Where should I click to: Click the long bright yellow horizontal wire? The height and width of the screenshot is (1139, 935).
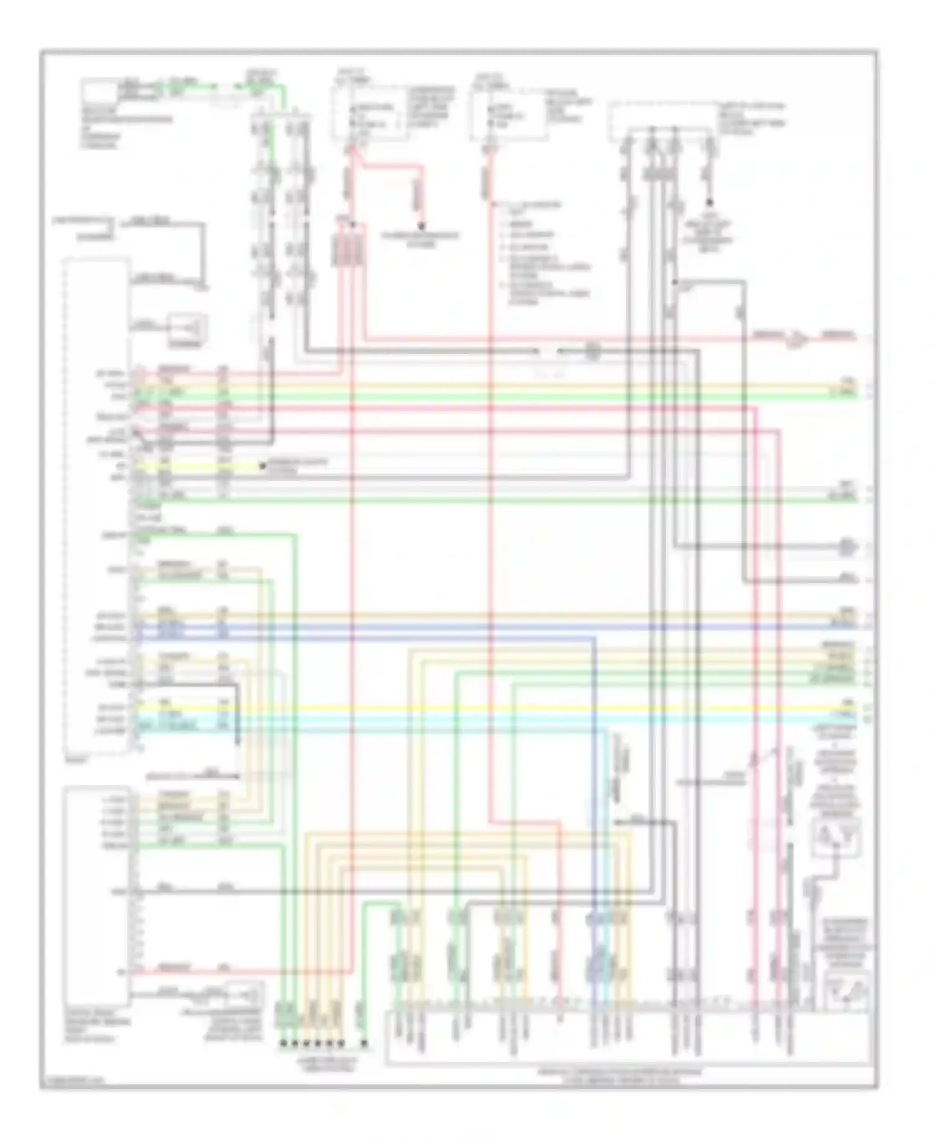(x=499, y=708)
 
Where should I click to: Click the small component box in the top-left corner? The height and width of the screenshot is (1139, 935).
(x=100, y=91)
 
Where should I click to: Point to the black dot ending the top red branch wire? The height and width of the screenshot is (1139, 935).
(x=421, y=226)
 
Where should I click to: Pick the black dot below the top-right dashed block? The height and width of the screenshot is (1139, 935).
(x=709, y=203)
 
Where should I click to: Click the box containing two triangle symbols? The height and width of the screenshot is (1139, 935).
(x=835, y=837)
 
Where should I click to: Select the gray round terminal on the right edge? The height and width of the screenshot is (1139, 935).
(x=846, y=547)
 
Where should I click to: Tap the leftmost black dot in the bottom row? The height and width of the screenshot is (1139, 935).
(x=282, y=1043)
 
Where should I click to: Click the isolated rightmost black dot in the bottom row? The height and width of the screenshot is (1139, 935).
(x=365, y=1043)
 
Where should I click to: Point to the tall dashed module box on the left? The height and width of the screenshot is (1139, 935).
(x=97, y=505)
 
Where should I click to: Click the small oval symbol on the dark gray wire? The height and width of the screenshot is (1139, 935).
(x=592, y=352)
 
